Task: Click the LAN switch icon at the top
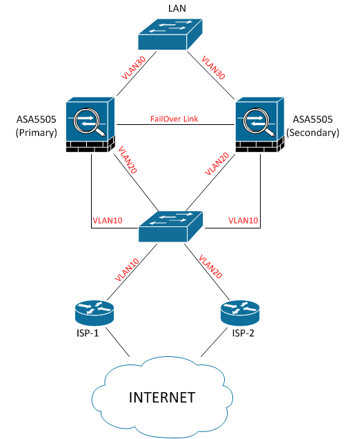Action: [170, 34]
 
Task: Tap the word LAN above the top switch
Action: [177, 8]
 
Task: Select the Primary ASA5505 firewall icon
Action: [90, 124]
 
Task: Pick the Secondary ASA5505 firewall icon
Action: [260, 124]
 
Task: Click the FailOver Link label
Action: [174, 119]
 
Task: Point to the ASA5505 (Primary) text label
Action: [37, 126]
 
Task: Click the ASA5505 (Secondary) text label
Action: [312, 126]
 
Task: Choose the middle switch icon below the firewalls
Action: [170, 226]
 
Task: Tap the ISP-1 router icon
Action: [94, 313]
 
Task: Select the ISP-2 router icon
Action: [240, 313]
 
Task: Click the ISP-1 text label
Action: [88, 333]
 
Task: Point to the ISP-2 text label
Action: [243, 333]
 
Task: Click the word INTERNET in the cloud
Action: [162, 398]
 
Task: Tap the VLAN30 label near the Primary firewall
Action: [134, 68]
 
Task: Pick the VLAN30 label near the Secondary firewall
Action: [213, 68]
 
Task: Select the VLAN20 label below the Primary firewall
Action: [128, 159]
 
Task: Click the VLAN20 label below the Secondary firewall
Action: [217, 164]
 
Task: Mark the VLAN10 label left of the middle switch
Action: [108, 221]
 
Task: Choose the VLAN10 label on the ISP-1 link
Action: [127, 270]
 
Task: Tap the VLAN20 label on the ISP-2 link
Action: [210, 266]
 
